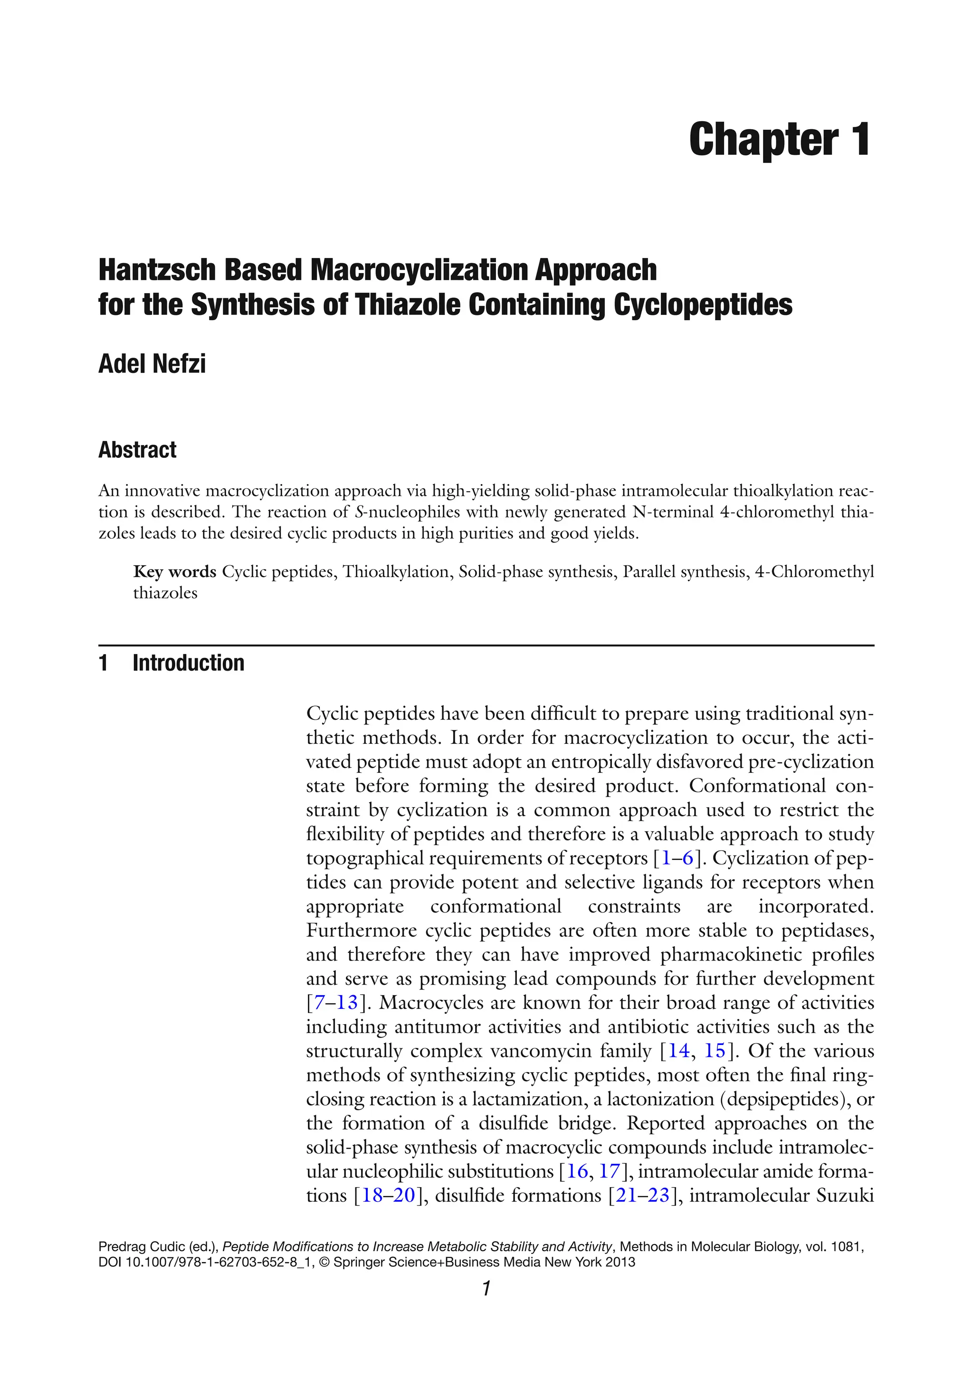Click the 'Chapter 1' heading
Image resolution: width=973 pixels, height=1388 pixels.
tap(779, 140)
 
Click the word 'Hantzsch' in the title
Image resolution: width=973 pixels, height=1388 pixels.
tap(157, 270)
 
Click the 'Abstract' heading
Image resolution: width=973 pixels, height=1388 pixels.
tap(137, 450)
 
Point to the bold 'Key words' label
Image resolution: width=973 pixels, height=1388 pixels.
tap(174, 572)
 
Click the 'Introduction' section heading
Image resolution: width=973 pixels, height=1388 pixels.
tap(188, 663)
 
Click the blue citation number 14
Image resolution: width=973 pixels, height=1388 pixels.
tap(678, 1051)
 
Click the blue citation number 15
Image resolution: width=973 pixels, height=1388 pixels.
tap(714, 1051)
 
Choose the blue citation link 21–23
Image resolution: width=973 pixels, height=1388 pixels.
tap(642, 1195)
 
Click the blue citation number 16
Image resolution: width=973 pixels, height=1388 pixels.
tap(578, 1171)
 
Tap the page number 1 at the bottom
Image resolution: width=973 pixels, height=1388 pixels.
tap(486, 1290)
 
